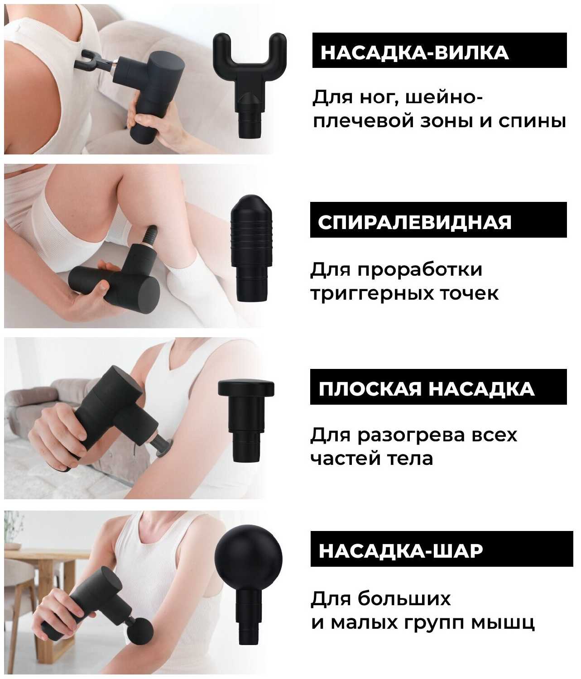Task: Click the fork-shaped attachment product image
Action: coord(250,81)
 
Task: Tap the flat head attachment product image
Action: coord(246,416)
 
